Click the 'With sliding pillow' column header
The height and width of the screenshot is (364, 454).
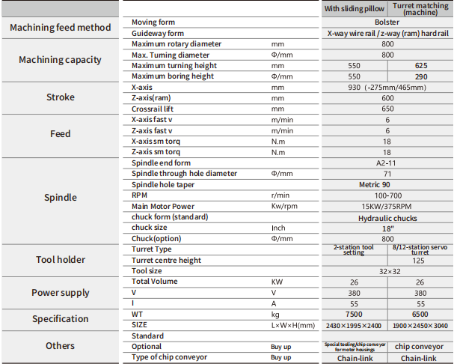click(x=355, y=9)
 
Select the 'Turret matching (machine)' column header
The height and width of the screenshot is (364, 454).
click(x=420, y=9)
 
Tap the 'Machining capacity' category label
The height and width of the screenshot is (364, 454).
click(x=60, y=60)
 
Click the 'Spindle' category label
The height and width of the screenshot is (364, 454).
click(x=60, y=198)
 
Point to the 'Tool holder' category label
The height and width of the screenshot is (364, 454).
click(x=60, y=260)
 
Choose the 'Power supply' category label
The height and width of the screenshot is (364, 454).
click(x=60, y=293)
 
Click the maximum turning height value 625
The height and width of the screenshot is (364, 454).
click(x=420, y=66)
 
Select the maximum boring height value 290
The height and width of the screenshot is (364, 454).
click(x=420, y=76)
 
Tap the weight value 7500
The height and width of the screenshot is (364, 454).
click(x=355, y=314)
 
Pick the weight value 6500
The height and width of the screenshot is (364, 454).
click(x=420, y=314)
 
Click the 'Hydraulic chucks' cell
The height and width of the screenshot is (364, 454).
click(x=387, y=218)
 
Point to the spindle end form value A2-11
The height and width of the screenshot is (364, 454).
click(x=387, y=163)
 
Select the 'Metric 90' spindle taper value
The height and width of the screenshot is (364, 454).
click(x=387, y=184)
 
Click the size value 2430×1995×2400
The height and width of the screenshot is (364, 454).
click(x=355, y=325)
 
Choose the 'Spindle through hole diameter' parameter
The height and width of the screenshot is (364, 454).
click(x=184, y=174)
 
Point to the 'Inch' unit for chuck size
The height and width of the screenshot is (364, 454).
click(x=278, y=228)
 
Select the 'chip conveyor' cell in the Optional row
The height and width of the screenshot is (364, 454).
click(x=420, y=347)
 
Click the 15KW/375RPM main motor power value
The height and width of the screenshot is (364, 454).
click(x=387, y=207)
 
